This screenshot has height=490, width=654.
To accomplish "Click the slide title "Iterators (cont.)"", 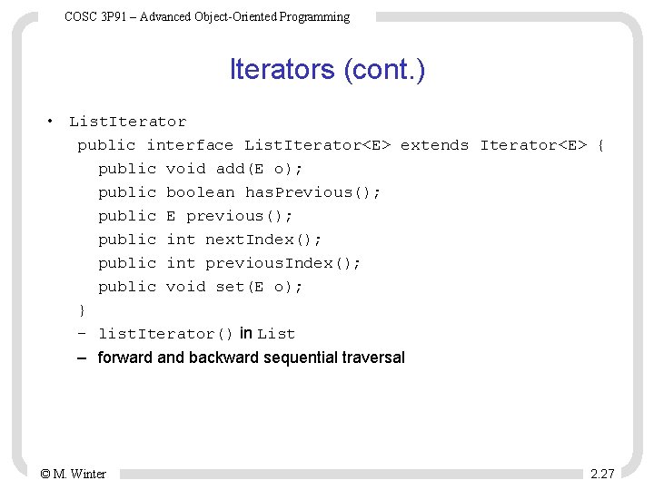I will (x=327, y=70).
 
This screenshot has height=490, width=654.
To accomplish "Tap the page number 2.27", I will (x=602, y=474).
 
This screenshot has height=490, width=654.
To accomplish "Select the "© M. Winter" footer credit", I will (x=73, y=474).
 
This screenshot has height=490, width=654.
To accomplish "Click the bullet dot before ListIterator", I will (x=52, y=122).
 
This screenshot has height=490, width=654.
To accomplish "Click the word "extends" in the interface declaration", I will (x=434, y=145).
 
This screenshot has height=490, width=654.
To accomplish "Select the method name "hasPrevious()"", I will (x=312, y=192).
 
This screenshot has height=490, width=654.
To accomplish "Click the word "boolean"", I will (x=200, y=192).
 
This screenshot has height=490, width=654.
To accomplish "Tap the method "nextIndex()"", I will (x=263, y=240).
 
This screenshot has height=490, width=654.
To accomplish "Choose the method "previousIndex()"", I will (x=282, y=263).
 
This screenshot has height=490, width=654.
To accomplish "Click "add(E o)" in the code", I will (x=259, y=169).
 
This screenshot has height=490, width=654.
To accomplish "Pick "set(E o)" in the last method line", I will (x=259, y=287).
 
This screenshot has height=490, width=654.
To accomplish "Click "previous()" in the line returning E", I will (x=239, y=216).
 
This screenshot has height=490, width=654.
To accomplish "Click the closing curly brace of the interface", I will (x=82, y=310).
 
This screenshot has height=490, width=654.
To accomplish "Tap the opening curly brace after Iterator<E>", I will (x=600, y=145).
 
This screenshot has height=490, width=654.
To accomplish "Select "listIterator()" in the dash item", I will (x=166, y=334).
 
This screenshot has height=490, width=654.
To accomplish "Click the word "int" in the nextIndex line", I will (x=181, y=240).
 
